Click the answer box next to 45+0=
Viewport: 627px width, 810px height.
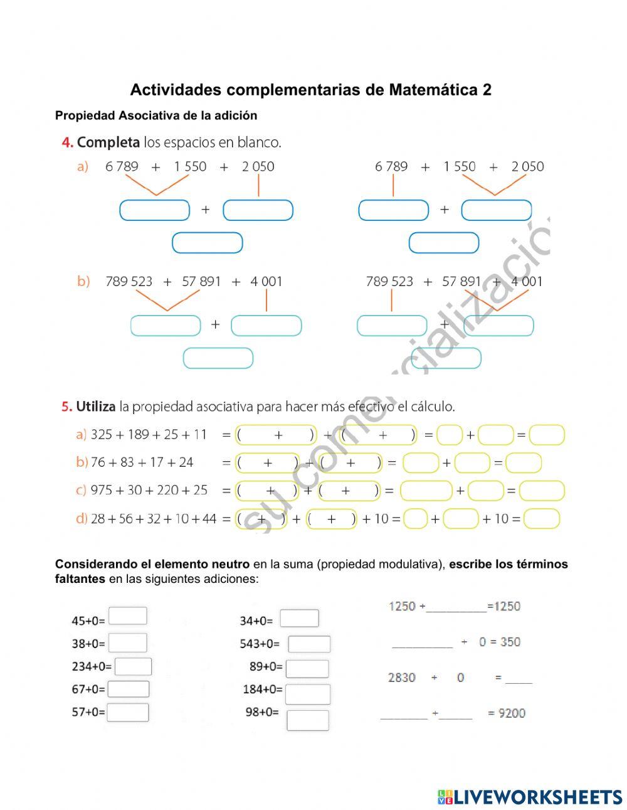pyautogui.click(x=128, y=616)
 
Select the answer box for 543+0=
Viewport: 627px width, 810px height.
pyautogui.click(x=309, y=644)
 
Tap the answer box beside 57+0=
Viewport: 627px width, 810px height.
pyautogui.click(x=128, y=713)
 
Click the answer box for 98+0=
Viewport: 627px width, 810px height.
pyautogui.click(x=308, y=720)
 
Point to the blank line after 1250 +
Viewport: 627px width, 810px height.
pyautogui.click(x=456, y=607)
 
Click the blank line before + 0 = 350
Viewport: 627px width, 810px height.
pyautogui.click(x=422, y=642)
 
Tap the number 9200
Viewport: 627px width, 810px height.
pyautogui.click(x=512, y=713)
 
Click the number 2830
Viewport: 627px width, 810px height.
pyautogui.click(x=402, y=678)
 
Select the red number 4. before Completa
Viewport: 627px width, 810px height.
pyautogui.click(x=67, y=142)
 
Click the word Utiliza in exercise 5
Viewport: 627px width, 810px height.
pyautogui.click(x=96, y=407)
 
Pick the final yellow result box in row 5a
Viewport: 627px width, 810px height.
pyautogui.click(x=547, y=435)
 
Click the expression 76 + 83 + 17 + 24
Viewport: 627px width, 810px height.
pyautogui.click(x=142, y=462)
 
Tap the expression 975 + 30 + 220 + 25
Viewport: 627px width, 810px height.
pyautogui.click(x=149, y=490)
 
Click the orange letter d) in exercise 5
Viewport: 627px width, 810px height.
pyautogui.click(x=82, y=519)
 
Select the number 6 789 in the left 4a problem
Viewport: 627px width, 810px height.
pyautogui.click(x=122, y=166)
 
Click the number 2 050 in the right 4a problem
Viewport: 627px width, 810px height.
pyautogui.click(x=527, y=166)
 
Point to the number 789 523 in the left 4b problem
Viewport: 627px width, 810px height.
pyautogui.click(x=129, y=281)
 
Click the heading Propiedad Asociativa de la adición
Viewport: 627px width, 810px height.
pyautogui.click(x=156, y=115)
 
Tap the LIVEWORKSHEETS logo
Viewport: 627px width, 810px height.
pyautogui.click(x=530, y=797)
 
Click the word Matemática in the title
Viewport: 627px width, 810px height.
pyautogui.click(x=433, y=90)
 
